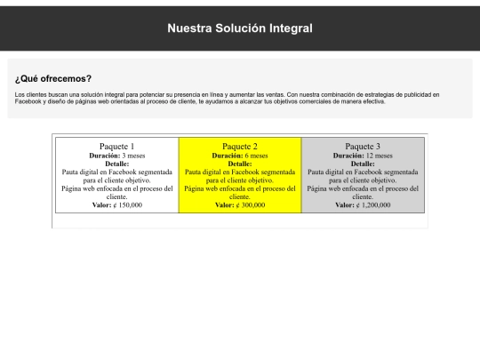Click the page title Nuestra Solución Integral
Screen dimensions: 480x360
(240, 28)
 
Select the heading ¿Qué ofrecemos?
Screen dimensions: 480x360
(53, 79)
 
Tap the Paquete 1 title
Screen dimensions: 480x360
(117, 147)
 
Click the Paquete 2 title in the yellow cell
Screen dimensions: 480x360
(240, 147)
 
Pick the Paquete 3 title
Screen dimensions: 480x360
(363, 147)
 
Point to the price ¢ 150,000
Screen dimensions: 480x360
(128, 204)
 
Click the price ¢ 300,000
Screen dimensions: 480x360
(251, 204)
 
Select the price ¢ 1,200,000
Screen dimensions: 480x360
(373, 204)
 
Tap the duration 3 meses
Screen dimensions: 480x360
(133, 156)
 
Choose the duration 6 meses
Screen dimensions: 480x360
(257, 156)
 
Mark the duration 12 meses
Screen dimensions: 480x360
(380, 156)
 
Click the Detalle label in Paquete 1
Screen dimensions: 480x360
(117, 164)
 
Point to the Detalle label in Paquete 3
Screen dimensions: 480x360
(363, 164)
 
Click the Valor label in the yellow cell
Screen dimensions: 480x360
(225, 204)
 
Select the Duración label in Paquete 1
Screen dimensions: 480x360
(105, 156)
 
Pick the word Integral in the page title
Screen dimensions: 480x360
(291, 28)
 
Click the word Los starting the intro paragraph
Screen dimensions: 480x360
(20, 94)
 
